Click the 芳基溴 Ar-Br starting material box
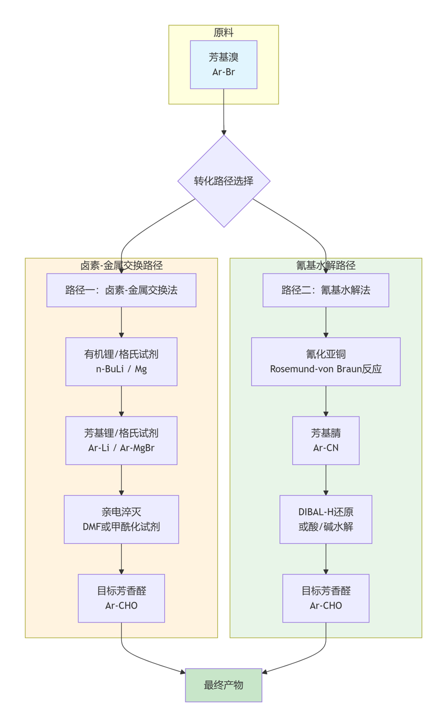click(x=223, y=64)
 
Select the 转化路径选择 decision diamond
click(x=223, y=181)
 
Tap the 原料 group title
click(x=223, y=33)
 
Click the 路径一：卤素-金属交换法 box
click(x=121, y=290)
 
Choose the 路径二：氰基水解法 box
click(x=326, y=290)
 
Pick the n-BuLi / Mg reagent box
click(x=121, y=361)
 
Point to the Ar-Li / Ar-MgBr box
click(x=121, y=440)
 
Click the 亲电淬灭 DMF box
click(x=121, y=519)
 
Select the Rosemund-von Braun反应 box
click(x=326, y=361)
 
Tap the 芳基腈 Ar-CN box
click(x=326, y=440)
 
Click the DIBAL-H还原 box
click(x=326, y=519)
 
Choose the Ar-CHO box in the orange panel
click(x=121, y=598)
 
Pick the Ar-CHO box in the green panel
click(x=326, y=598)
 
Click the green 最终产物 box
click(x=223, y=685)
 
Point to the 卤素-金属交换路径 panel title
click(x=122, y=266)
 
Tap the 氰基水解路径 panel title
click(x=326, y=266)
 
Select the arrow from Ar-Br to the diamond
click(x=223, y=112)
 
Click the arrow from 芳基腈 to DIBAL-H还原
click(x=326, y=480)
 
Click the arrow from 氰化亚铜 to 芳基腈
click(x=326, y=401)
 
